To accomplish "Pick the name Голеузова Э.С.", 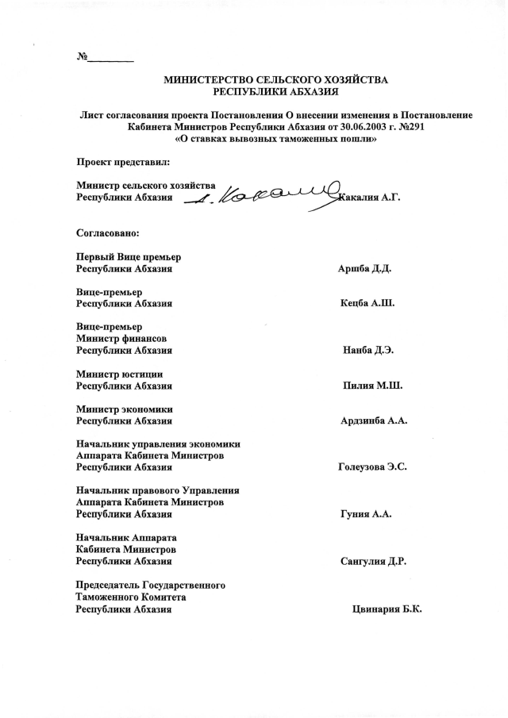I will [372, 467].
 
